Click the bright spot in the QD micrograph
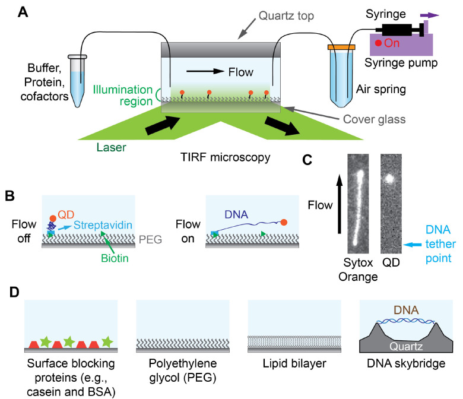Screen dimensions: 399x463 390,178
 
